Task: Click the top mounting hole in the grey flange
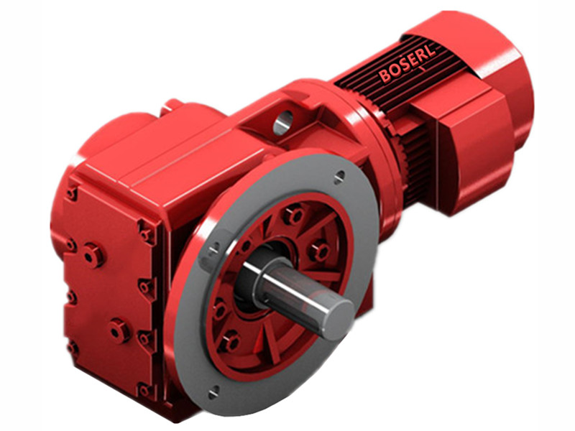click(339, 175)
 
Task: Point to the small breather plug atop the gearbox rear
click(173, 106)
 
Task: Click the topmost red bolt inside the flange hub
click(293, 215)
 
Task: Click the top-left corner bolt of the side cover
click(72, 193)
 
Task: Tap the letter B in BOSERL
click(385, 75)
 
